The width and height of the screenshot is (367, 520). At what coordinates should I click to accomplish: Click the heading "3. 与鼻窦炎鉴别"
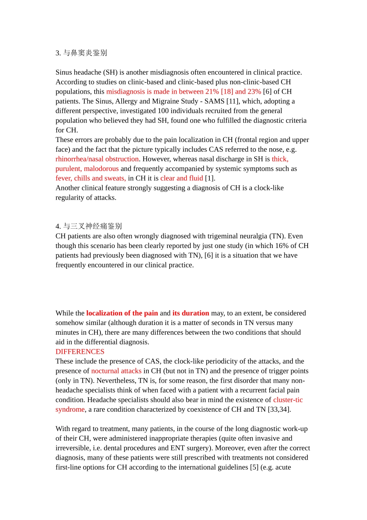point(81,53)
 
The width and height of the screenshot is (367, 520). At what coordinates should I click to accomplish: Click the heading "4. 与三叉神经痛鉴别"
point(88,226)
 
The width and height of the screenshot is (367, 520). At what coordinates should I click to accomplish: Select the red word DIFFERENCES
point(80,352)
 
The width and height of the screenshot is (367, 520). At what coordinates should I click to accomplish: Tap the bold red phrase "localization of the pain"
point(122,313)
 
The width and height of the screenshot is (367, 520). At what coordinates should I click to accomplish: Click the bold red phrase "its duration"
point(190,313)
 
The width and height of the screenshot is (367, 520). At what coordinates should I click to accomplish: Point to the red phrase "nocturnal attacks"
point(116,371)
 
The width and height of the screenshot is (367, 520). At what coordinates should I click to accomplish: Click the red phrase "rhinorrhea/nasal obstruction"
point(97,159)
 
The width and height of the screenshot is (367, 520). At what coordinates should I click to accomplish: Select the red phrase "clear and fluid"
point(182,178)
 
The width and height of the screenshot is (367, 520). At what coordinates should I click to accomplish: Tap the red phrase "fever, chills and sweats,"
point(90,178)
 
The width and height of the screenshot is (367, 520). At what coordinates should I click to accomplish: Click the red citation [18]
point(227,92)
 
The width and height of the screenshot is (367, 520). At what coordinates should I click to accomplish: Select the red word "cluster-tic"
point(288,400)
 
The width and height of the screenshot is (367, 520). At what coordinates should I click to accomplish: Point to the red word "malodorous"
point(101,169)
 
